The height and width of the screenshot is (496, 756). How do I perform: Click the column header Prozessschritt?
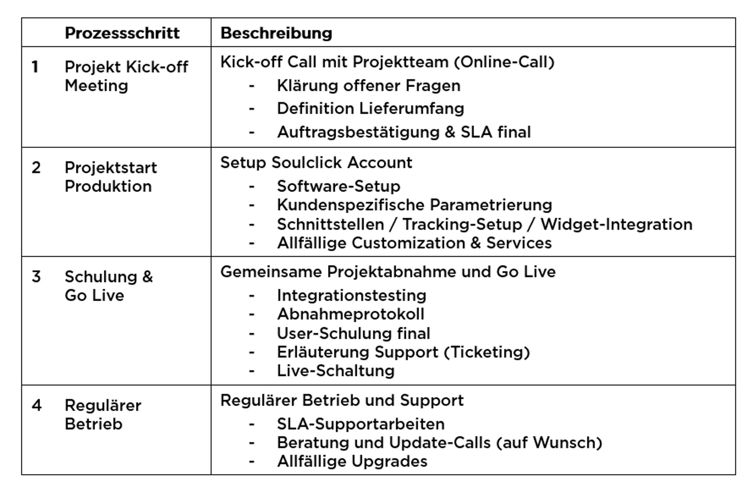click(x=122, y=33)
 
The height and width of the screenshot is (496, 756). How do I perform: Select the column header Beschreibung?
click(x=276, y=33)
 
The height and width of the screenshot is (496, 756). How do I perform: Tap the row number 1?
click(x=35, y=67)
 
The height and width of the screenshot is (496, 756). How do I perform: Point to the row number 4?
click(x=36, y=405)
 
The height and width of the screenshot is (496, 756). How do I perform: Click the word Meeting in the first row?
click(x=96, y=86)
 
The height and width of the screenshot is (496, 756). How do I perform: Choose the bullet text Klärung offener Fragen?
click(x=369, y=86)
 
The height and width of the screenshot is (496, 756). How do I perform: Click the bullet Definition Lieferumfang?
click(x=371, y=109)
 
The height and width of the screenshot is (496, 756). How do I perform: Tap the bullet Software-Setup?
click(x=339, y=186)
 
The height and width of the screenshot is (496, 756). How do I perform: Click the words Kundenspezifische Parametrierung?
click(x=415, y=205)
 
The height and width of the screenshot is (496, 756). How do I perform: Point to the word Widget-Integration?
click(x=616, y=224)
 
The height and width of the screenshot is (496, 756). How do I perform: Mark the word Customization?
click(x=408, y=243)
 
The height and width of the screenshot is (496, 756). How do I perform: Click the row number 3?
click(x=36, y=277)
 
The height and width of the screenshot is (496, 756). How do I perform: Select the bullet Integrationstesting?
click(x=352, y=295)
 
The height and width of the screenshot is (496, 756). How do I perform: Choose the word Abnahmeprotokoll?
click(x=351, y=314)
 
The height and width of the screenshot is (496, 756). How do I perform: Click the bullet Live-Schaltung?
click(x=336, y=371)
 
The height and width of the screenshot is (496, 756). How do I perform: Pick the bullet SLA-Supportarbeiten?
click(x=361, y=424)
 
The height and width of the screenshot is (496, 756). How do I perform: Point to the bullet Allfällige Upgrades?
click(x=352, y=462)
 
